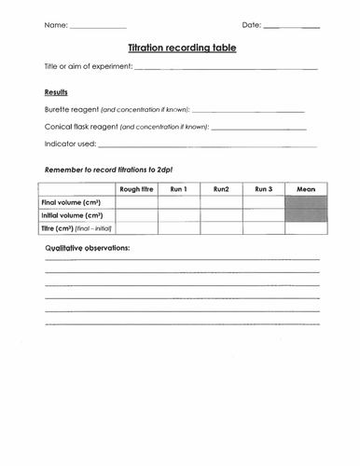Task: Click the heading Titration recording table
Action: (181, 46)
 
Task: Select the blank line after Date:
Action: (291, 26)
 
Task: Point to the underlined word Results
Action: (57, 92)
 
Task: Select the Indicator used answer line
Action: (206, 145)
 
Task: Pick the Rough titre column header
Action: (136, 189)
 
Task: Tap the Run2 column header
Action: (221, 189)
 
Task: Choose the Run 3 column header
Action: (263, 189)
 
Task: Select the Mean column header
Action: (305, 189)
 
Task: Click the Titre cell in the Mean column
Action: (305, 227)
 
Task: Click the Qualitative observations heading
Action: (88, 249)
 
